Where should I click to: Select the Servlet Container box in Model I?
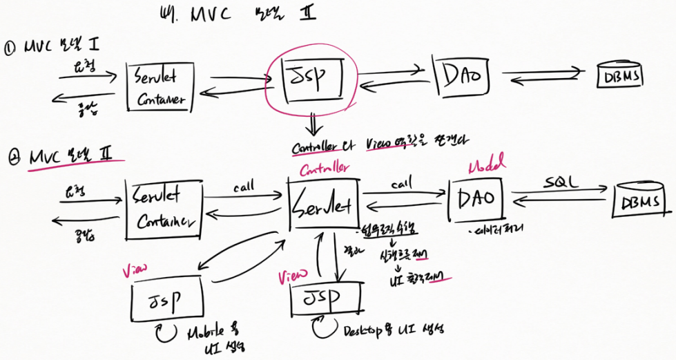[160, 86]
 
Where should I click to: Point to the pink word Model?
[485, 166]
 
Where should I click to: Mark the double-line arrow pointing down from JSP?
[315, 127]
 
